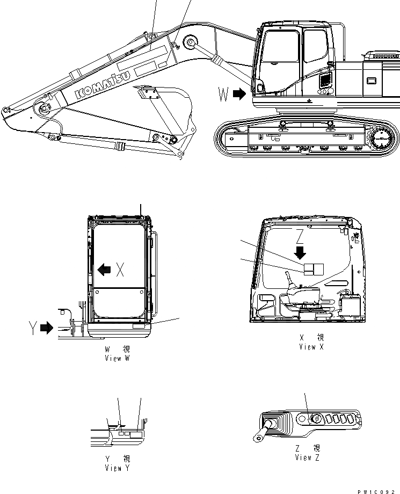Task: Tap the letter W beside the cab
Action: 224,95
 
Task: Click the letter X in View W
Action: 120,270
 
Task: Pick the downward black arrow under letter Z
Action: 300,252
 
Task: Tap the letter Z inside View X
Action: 300,236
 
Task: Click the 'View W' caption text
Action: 118,358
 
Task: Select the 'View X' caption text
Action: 311,347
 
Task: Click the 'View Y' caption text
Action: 118,468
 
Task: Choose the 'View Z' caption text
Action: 308,457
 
